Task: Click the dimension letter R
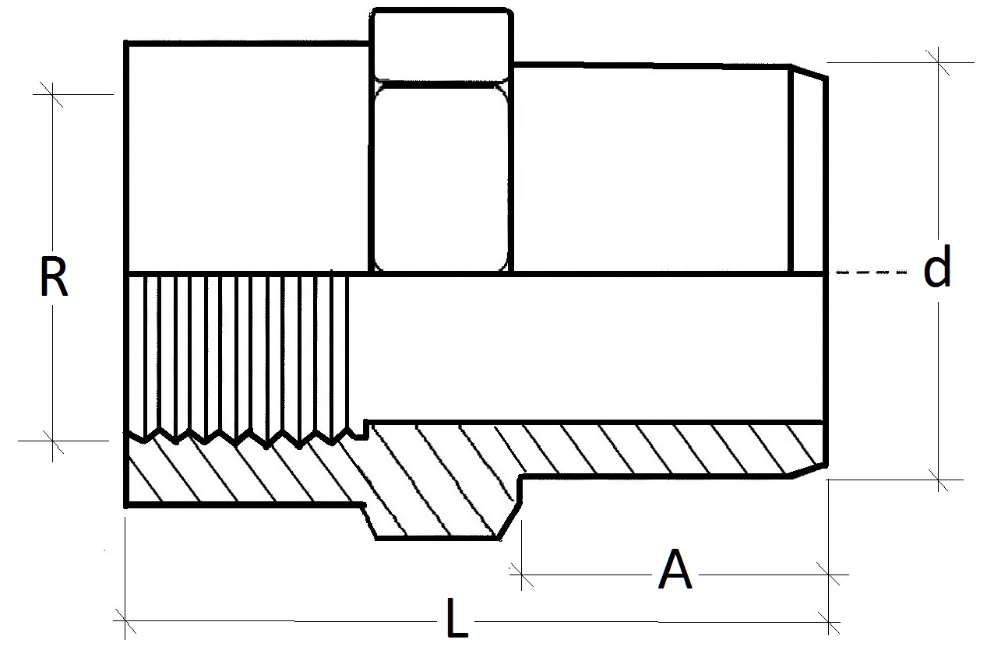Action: coord(53,278)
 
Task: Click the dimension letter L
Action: coord(457,620)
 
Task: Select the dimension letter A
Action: coord(675,571)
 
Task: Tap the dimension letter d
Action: coord(937,269)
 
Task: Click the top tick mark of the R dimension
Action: coord(53,94)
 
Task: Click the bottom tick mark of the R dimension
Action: coord(53,440)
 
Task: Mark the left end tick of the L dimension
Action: coord(125,621)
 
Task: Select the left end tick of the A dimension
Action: coord(521,577)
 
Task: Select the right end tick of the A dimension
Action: coord(828,577)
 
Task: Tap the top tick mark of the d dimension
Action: coord(938,62)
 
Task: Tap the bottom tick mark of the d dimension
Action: coord(938,480)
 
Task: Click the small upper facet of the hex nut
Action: coord(441,45)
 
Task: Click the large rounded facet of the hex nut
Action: coord(441,177)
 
